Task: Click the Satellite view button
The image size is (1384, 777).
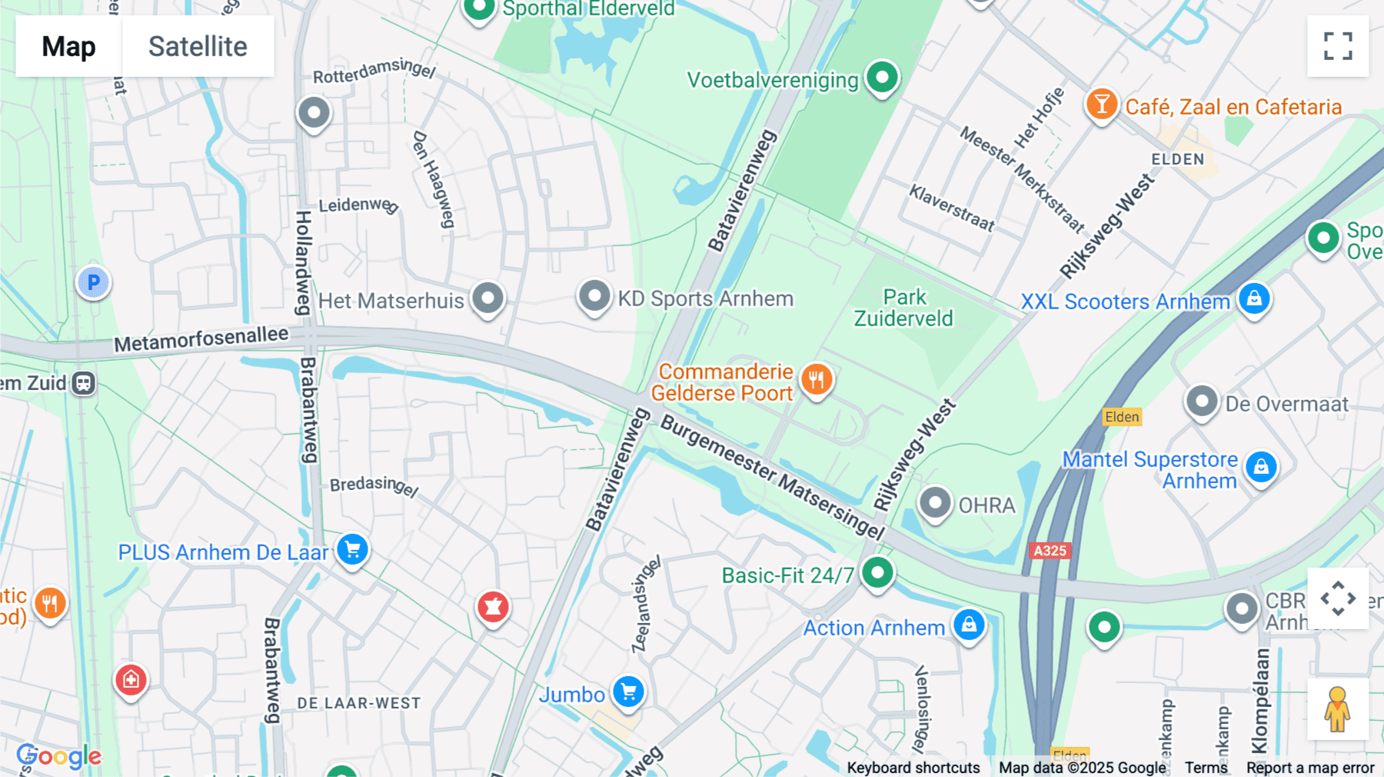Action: [x=198, y=46]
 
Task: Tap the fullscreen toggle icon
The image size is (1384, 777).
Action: [x=1338, y=46]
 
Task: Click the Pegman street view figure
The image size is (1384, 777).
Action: [x=1337, y=709]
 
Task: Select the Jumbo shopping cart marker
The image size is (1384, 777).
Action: [x=628, y=692]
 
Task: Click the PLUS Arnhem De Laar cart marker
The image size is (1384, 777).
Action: [x=353, y=549]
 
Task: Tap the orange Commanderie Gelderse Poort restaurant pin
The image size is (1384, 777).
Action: [x=816, y=379]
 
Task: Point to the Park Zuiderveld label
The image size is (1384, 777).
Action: [x=904, y=308]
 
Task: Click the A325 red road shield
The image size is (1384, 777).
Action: [x=1050, y=551]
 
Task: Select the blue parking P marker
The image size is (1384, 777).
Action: [x=93, y=282]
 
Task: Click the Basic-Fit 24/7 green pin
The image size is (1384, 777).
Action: [x=877, y=572]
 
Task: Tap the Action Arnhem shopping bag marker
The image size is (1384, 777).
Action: [x=969, y=625]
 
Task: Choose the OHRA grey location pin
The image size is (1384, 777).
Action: [x=935, y=503]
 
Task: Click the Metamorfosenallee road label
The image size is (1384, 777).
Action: [x=201, y=338]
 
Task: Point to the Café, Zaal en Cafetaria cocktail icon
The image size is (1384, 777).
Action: [x=1101, y=104]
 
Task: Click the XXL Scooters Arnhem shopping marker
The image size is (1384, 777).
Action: [x=1254, y=298]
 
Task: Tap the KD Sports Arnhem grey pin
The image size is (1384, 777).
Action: [x=594, y=296]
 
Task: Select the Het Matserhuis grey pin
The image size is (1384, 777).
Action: [x=487, y=298]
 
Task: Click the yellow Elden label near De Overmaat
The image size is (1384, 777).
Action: [x=1122, y=417]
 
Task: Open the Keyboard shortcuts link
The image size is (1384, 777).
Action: [x=913, y=768]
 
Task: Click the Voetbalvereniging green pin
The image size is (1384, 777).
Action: [x=882, y=77]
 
